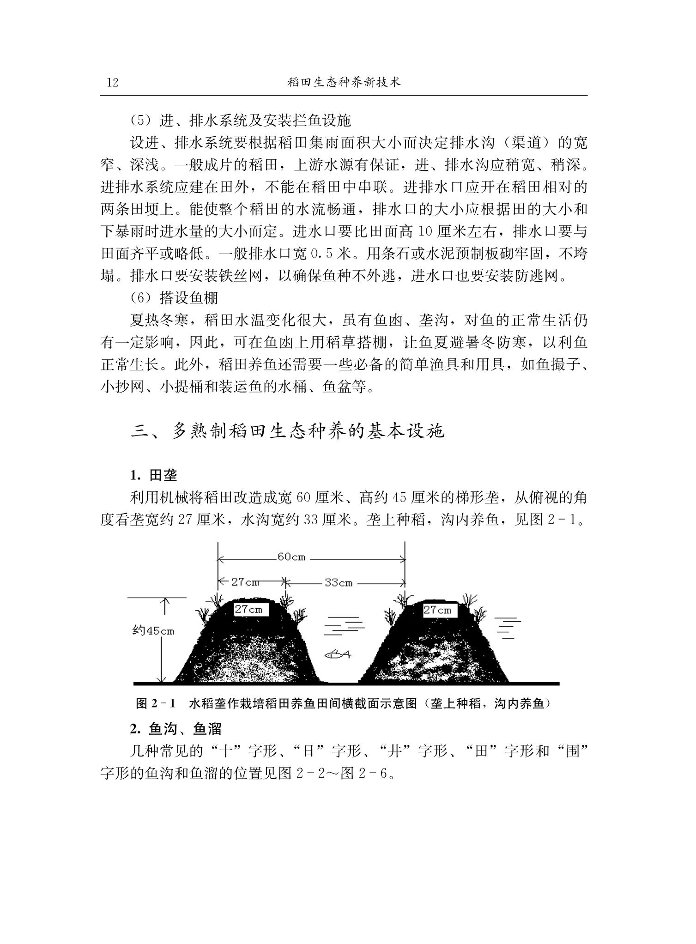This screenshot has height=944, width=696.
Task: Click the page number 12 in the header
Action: pyautogui.click(x=113, y=83)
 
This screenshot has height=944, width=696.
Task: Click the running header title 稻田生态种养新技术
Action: pyautogui.click(x=344, y=82)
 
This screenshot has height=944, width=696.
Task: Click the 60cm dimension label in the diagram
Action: pyautogui.click(x=291, y=557)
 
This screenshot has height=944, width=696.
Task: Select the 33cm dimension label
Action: pyautogui.click(x=339, y=583)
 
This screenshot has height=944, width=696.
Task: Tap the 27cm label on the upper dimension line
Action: pyautogui.click(x=245, y=582)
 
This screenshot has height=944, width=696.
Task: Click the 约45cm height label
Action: pyautogui.click(x=153, y=631)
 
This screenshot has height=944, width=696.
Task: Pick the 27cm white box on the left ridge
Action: pyautogui.click(x=248, y=609)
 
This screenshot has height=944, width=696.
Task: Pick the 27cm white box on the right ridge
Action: pyautogui.click(x=437, y=610)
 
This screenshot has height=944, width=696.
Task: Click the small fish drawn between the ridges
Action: pyautogui.click(x=338, y=654)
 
